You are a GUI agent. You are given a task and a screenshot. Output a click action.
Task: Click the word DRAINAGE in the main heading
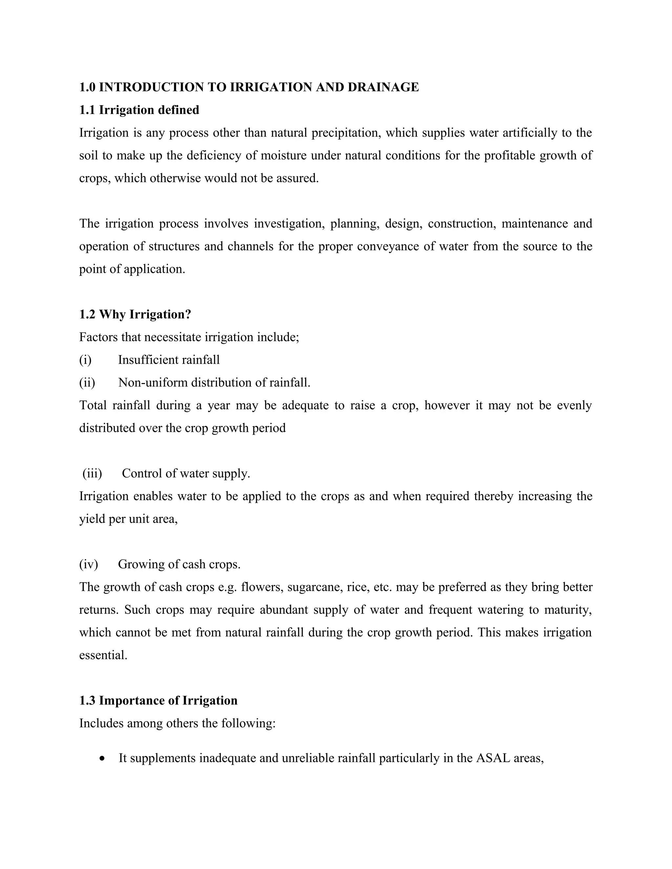(x=383, y=87)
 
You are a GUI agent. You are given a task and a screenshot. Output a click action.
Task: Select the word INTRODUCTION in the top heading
(x=151, y=87)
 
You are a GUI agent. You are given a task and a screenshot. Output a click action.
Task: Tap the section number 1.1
(x=87, y=110)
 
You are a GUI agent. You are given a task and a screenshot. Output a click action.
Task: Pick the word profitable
(x=509, y=155)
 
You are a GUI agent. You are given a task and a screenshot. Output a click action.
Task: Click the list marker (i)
(x=85, y=360)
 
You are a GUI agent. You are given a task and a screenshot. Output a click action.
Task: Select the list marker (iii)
(x=92, y=474)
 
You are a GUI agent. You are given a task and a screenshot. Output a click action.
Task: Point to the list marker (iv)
(x=88, y=564)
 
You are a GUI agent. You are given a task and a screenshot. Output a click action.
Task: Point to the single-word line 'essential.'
(x=103, y=655)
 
